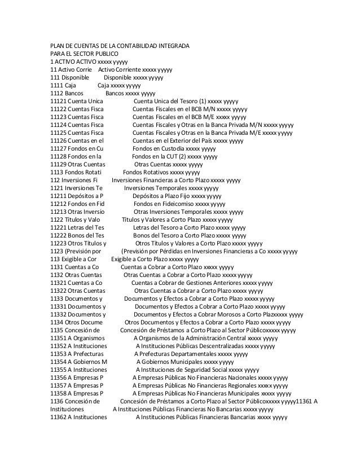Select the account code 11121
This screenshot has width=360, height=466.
click(58, 102)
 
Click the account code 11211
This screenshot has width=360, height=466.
click(58, 196)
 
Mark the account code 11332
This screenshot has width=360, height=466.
click(58, 315)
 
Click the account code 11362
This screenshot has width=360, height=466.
click(58, 417)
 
